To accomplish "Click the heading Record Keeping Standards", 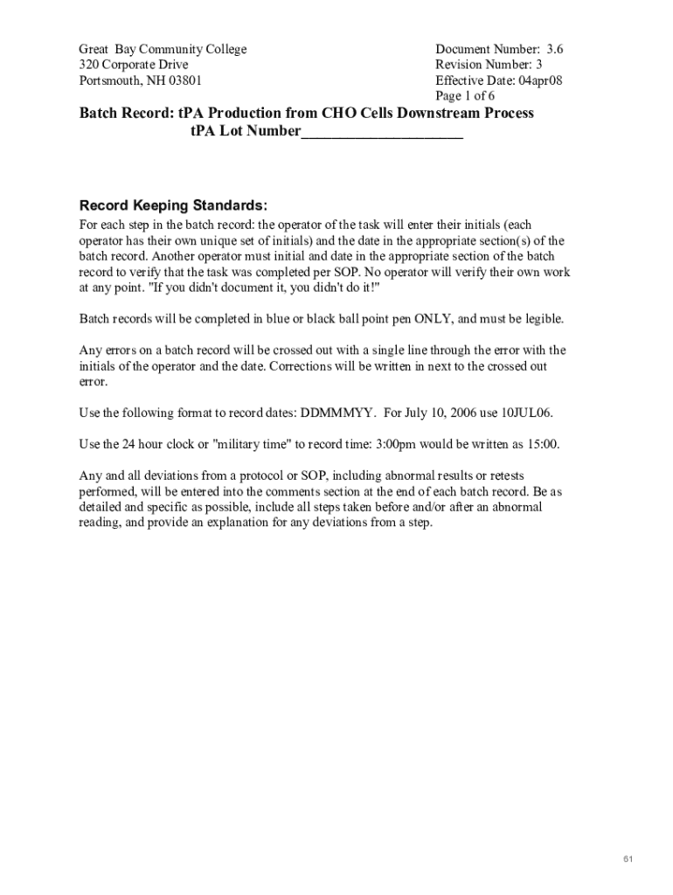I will tap(174, 205).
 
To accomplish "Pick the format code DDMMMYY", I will tap(337, 413).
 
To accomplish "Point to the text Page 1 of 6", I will tap(465, 96).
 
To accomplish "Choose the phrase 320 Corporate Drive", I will tap(134, 65).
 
